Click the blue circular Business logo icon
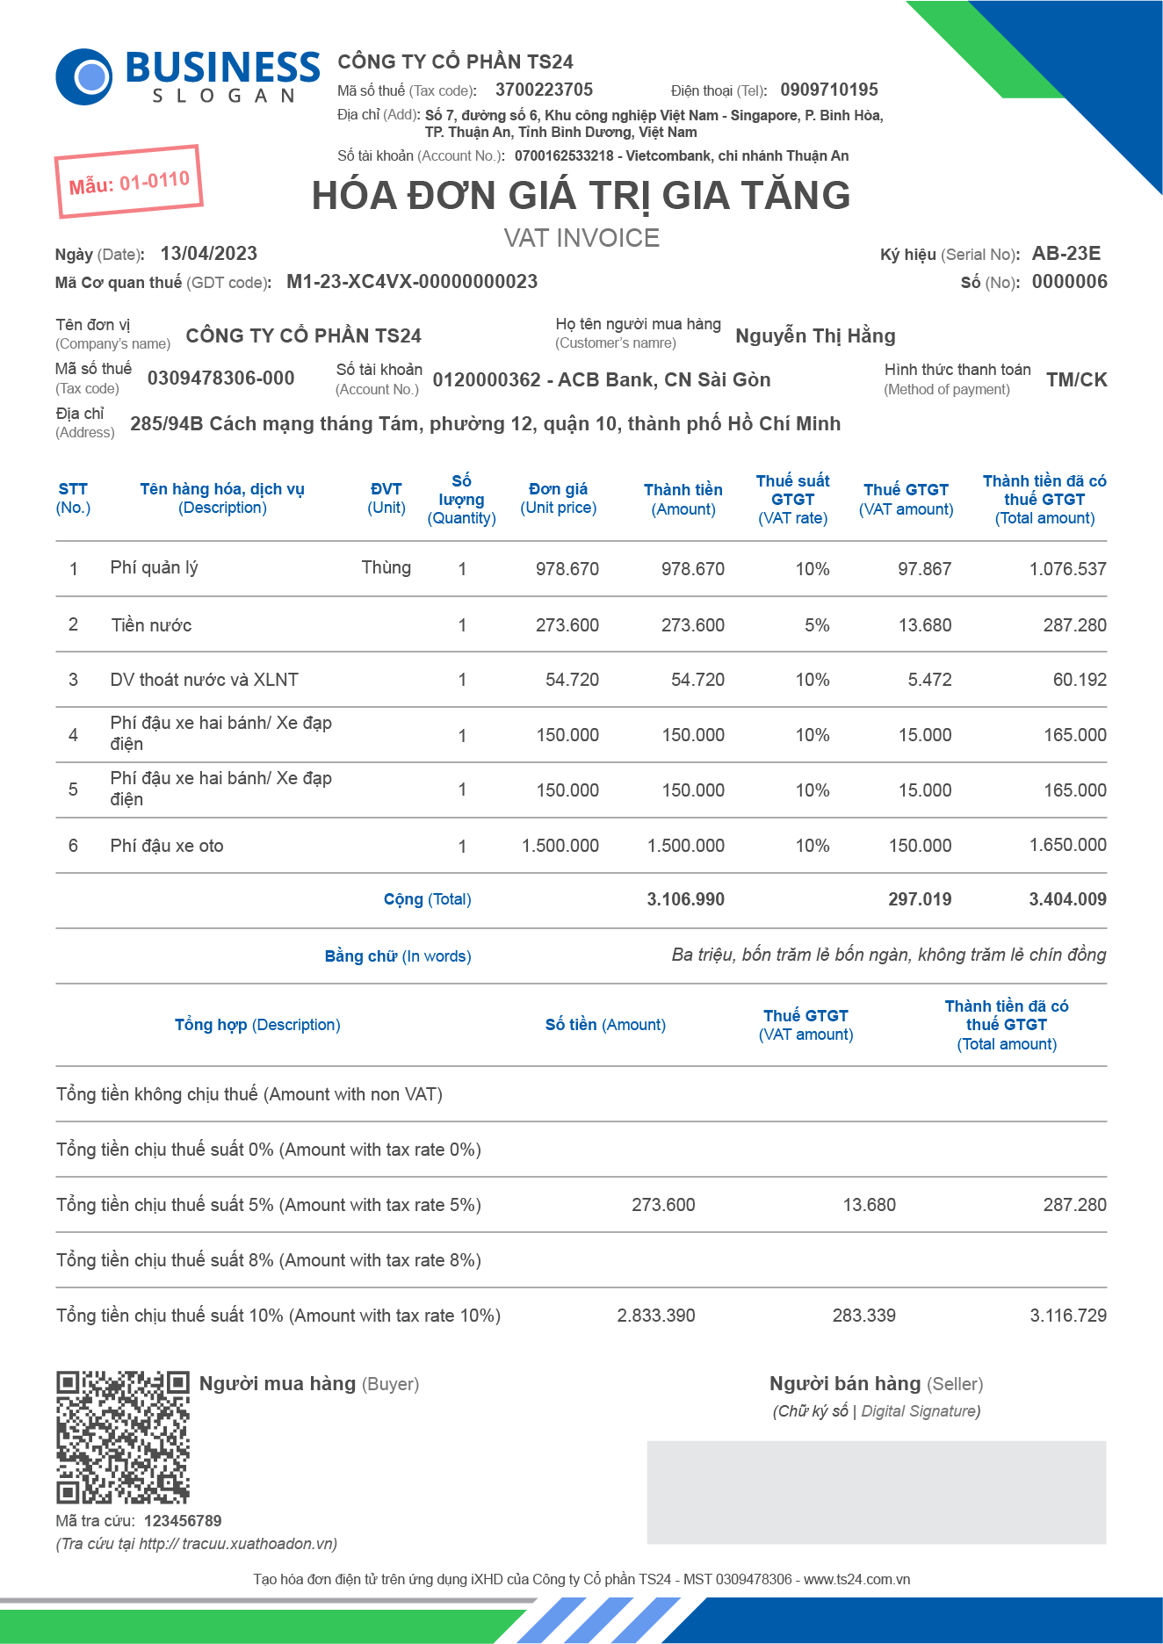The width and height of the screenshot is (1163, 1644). [x=84, y=77]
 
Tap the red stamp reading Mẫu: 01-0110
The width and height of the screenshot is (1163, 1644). [x=129, y=182]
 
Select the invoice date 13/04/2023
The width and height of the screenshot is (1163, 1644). [x=208, y=254]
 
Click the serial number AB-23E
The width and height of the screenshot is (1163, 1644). [x=1065, y=254]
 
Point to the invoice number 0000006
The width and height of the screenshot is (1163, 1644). [x=1069, y=282]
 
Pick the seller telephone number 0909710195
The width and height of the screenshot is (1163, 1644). [x=828, y=90]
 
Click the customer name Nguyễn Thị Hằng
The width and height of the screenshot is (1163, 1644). [x=815, y=335]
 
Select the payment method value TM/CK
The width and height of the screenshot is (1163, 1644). [x=1076, y=379]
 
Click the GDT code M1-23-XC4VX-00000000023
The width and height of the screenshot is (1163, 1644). [x=412, y=282]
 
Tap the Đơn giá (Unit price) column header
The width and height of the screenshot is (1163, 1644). [x=558, y=498]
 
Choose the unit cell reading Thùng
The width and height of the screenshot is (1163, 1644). [x=386, y=567]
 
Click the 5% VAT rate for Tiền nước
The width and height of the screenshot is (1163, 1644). [x=816, y=625]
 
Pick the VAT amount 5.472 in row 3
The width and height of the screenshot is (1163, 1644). [x=929, y=680]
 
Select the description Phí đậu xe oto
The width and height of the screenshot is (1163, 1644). [x=167, y=846]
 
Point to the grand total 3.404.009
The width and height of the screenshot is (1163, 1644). [x=1067, y=899]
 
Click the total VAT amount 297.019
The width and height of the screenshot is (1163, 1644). [x=919, y=899]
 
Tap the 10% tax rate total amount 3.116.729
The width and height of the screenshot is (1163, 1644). [x=1067, y=1316]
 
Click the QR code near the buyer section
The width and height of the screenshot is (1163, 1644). [x=123, y=1438]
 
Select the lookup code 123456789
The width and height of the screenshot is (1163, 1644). [x=183, y=1521]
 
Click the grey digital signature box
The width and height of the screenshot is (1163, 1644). [x=876, y=1492]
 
